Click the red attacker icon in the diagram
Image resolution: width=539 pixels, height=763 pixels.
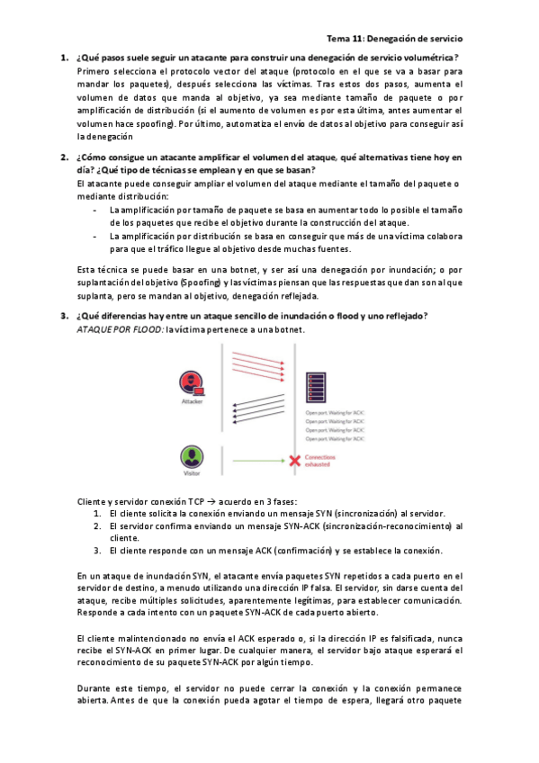(x=192, y=381)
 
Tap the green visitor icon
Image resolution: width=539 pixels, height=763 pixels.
(x=191, y=457)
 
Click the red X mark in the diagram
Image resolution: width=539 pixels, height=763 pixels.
(x=293, y=460)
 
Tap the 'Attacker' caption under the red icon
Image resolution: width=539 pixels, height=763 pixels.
(x=192, y=402)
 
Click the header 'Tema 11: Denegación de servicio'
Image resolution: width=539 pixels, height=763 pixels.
(x=394, y=40)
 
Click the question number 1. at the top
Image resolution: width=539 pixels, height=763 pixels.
(x=65, y=58)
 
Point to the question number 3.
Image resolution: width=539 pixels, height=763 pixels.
(x=65, y=315)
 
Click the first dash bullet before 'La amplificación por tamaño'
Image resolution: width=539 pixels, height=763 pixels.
(x=96, y=210)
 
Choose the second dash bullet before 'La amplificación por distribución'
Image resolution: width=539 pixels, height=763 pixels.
(x=96, y=236)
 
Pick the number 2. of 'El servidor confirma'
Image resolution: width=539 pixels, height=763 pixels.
(x=98, y=525)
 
